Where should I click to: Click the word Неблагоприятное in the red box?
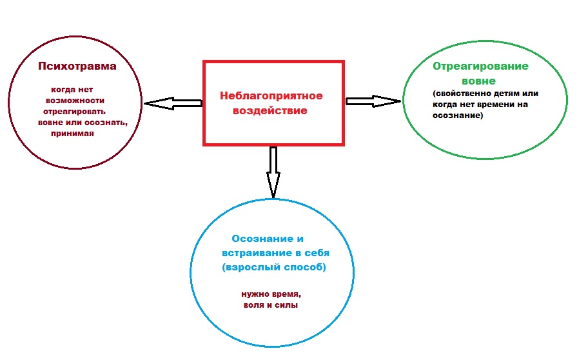pos(271,96)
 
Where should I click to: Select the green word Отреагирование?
pos(481,66)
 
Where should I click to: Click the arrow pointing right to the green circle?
pos(373,101)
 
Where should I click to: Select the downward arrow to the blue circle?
pos(273,172)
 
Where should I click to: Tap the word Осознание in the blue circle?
pos(258,239)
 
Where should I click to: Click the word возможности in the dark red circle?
pos(75,101)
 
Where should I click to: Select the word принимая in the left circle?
pos(72,134)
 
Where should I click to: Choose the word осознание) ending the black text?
pos(456,117)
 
